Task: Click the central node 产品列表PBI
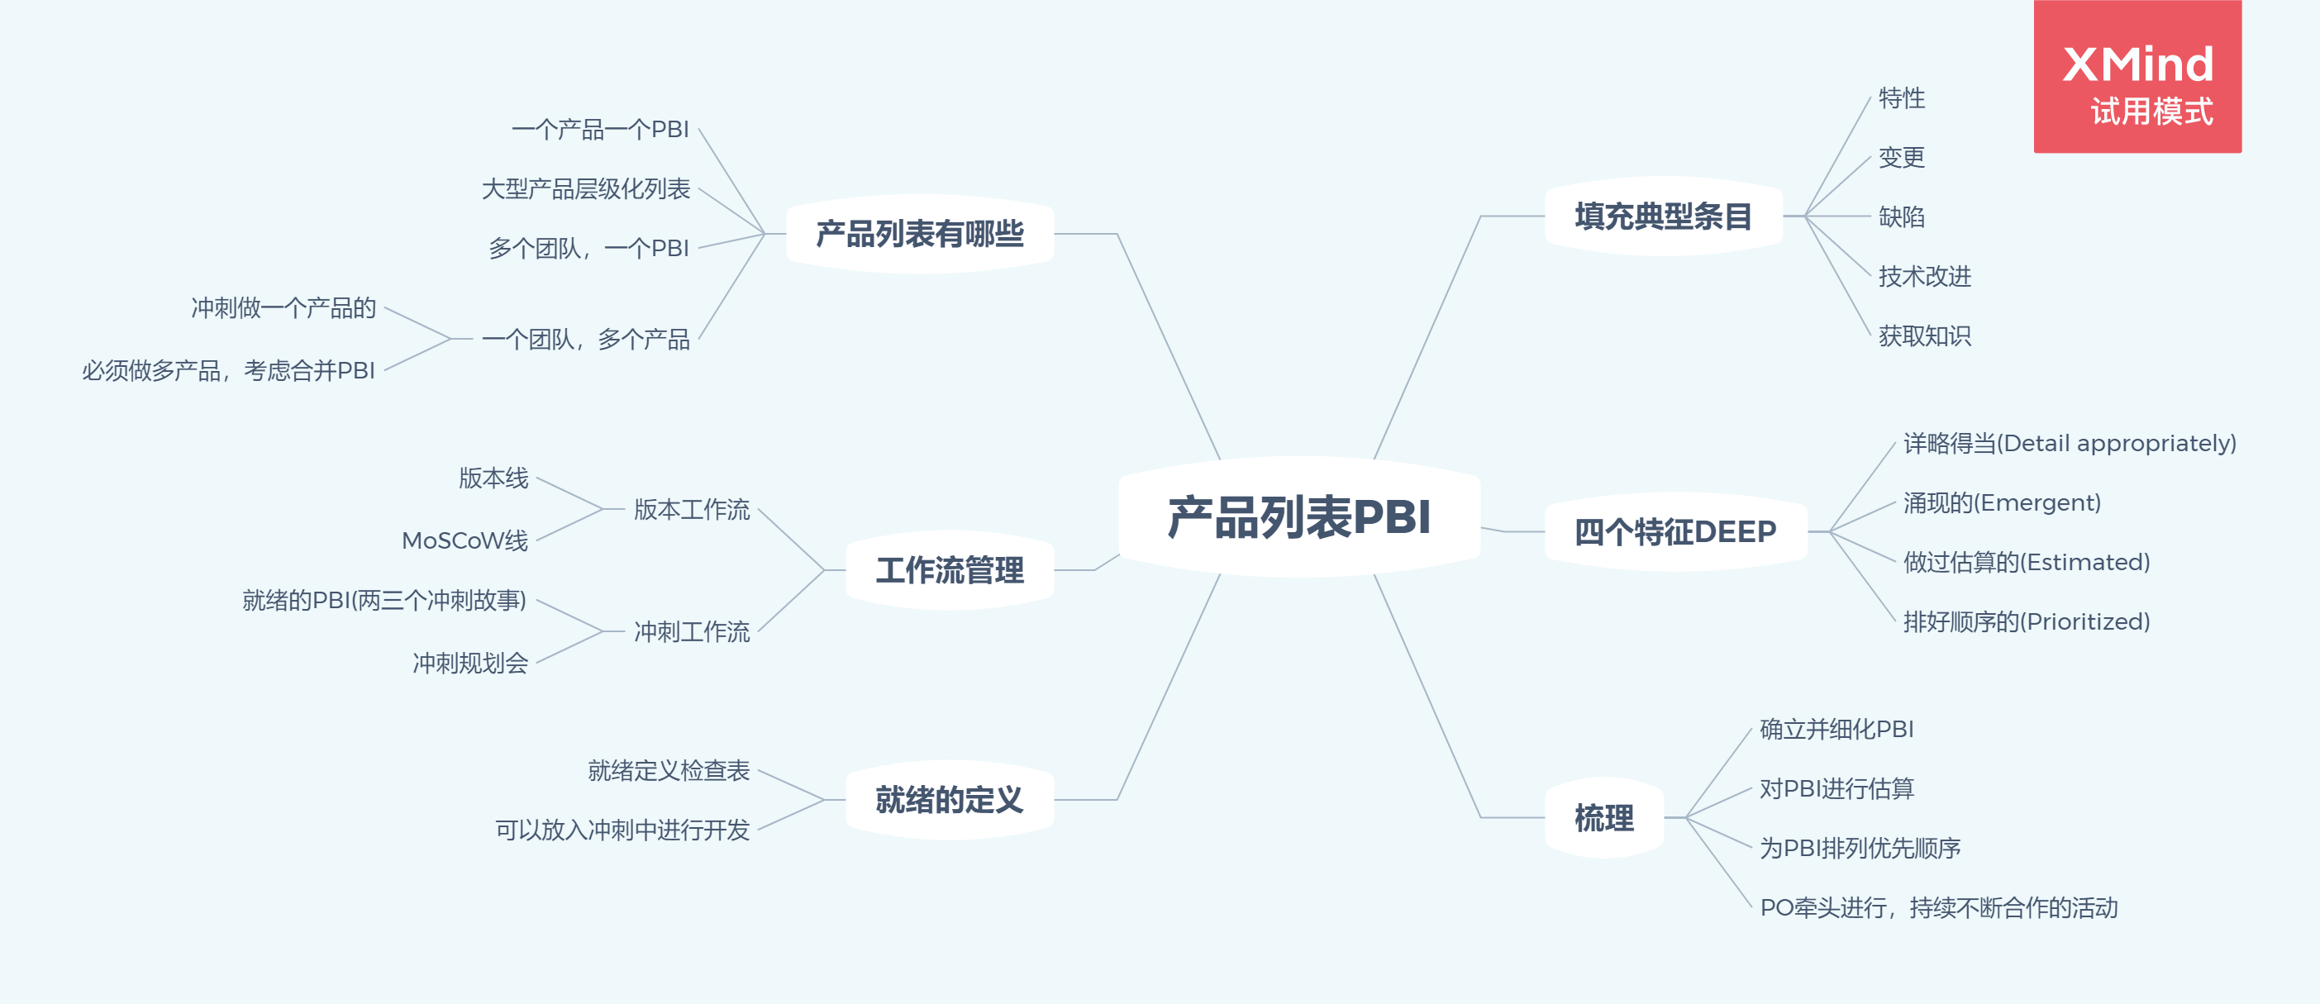pyautogui.click(x=1298, y=516)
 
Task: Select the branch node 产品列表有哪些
pyautogui.click(x=920, y=234)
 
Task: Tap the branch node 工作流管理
pyautogui.click(x=950, y=570)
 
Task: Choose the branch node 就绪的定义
pyautogui.click(x=950, y=800)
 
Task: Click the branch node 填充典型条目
pyautogui.click(x=1663, y=217)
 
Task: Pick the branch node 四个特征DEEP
pyautogui.click(x=1675, y=532)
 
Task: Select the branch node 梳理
pyautogui.click(x=1603, y=817)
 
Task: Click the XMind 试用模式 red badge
pyautogui.click(x=2137, y=78)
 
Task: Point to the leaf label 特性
pyautogui.click(x=1901, y=98)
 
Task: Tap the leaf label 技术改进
pyautogui.click(x=1925, y=277)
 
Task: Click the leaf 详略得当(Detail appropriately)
pyautogui.click(x=2070, y=443)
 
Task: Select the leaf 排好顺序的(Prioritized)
pyautogui.click(x=2027, y=621)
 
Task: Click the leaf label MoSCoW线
pyautogui.click(x=464, y=540)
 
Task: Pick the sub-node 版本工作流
pyautogui.click(x=692, y=510)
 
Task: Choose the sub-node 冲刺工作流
pyautogui.click(x=692, y=632)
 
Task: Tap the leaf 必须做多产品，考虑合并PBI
pyautogui.click(x=229, y=370)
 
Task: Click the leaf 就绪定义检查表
pyautogui.click(x=669, y=771)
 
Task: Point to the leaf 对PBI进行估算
pyautogui.click(x=1836, y=789)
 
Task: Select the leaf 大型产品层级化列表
pyautogui.click(x=585, y=189)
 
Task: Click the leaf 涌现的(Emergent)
pyautogui.click(x=2002, y=502)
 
